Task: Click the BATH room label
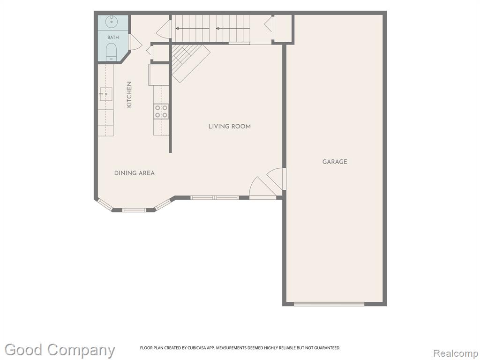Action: tap(113, 37)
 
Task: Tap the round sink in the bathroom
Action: tap(112, 22)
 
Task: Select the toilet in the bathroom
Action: tap(112, 52)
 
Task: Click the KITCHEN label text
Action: tap(129, 94)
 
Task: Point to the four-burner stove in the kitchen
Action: tap(161, 112)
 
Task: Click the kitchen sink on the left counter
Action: tap(105, 94)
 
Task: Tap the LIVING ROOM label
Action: tap(230, 126)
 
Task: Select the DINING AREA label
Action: tap(135, 173)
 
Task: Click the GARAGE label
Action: tap(335, 162)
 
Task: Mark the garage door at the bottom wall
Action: tap(329, 304)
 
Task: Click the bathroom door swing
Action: tap(135, 42)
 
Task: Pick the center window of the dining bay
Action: tap(134, 210)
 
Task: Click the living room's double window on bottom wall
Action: tap(214, 198)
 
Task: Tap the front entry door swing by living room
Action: tap(262, 187)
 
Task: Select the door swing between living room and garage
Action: tap(277, 179)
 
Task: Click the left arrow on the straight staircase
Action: tap(192, 29)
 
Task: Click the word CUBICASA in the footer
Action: tap(199, 348)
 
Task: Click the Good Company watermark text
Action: tap(60, 350)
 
